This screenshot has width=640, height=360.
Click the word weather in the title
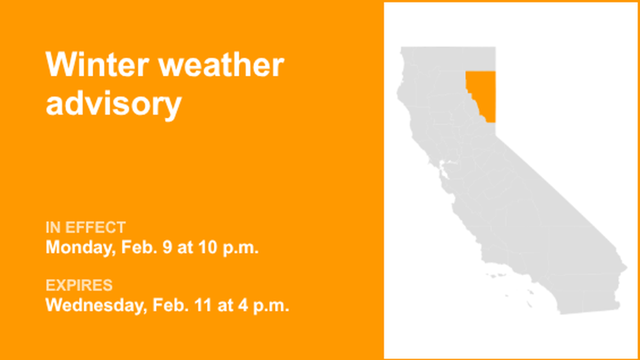[x=221, y=65]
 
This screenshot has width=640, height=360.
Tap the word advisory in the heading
[x=113, y=104]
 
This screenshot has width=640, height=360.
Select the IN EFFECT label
[x=85, y=227]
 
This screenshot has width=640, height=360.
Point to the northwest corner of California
[x=402, y=50]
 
